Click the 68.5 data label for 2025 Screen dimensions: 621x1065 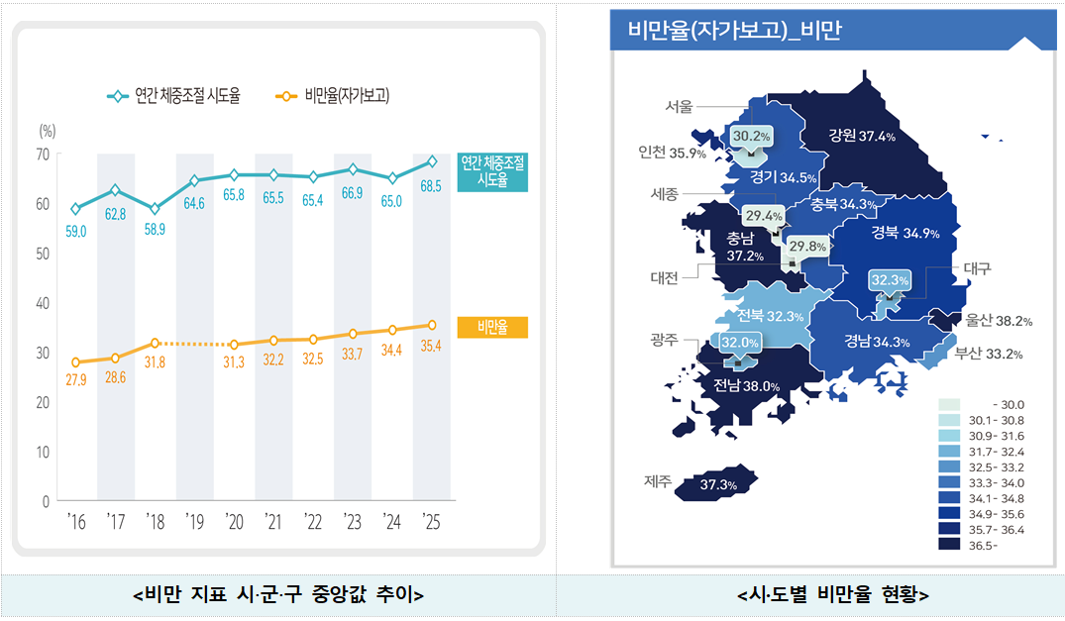[431, 186]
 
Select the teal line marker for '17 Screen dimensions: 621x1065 [116, 189]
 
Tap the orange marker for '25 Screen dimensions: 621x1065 [432, 325]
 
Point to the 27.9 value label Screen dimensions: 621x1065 [76, 381]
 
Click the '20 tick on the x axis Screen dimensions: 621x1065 [234, 521]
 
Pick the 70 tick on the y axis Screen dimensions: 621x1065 [43, 155]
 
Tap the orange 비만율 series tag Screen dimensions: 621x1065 [492, 328]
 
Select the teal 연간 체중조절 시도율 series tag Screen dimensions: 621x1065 [492, 171]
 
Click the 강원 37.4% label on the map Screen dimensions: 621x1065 [862, 136]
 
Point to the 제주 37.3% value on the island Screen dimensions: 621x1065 [717, 485]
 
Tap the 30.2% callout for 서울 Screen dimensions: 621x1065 [751, 136]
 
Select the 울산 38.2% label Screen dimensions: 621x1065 [999, 321]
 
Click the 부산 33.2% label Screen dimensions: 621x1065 [988, 354]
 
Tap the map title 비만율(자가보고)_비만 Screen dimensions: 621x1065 [734, 31]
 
